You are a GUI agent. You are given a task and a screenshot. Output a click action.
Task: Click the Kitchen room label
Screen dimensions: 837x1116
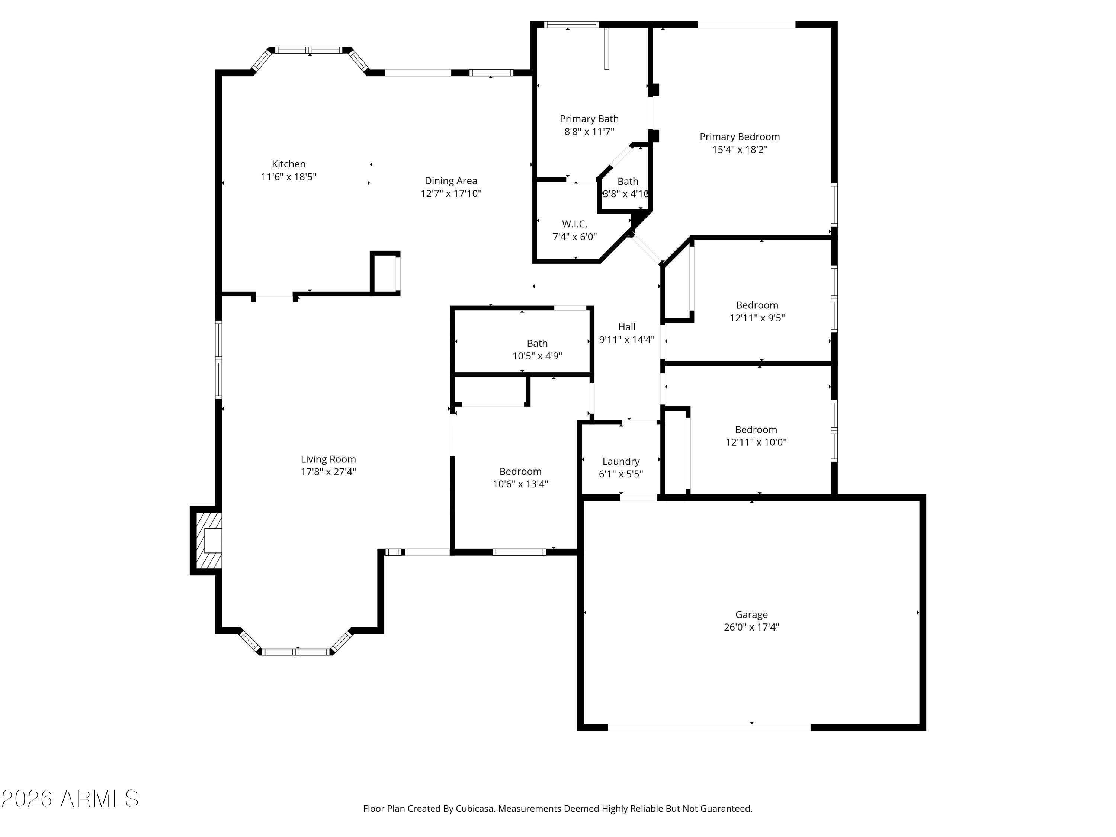click(x=289, y=164)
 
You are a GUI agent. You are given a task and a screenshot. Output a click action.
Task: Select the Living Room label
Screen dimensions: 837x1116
click(x=328, y=459)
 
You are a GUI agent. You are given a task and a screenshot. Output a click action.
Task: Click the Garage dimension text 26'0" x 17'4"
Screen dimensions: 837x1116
click(x=751, y=627)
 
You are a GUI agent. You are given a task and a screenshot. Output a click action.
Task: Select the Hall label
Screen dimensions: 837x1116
click(x=626, y=327)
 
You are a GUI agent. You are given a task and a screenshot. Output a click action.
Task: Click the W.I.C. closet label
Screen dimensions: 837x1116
click(x=575, y=224)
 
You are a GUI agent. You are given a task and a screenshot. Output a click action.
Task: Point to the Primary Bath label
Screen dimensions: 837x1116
click(x=589, y=119)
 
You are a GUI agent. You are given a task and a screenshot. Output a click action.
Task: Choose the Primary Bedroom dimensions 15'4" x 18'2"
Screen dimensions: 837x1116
click(x=739, y=149)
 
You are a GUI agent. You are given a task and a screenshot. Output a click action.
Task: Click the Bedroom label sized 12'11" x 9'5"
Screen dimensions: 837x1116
click(x=757, y=305)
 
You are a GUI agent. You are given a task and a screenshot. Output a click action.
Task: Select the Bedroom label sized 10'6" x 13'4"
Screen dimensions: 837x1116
click(x=520, y=471)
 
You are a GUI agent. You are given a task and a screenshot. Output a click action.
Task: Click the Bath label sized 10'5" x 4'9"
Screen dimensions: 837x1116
click(x=537, y=344)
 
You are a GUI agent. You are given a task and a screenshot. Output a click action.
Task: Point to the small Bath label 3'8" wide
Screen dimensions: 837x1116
click(x=628, y=181)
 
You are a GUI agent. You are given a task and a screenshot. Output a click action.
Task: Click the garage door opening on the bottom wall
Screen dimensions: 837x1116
click(x=709, y=727)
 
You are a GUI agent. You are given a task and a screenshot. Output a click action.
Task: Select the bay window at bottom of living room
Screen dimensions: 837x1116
click(x=296, y=651)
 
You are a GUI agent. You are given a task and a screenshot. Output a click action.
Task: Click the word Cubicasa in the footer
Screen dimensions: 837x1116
click(x=474, y=809)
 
